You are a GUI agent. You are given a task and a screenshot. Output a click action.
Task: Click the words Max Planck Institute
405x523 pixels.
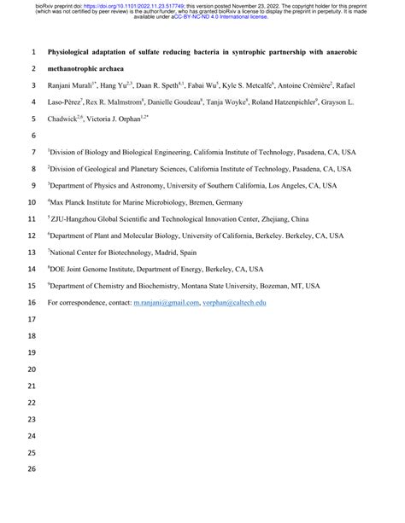[x=89, y=202]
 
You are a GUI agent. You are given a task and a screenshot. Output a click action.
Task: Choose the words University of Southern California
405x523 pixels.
[x=217, y=186]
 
